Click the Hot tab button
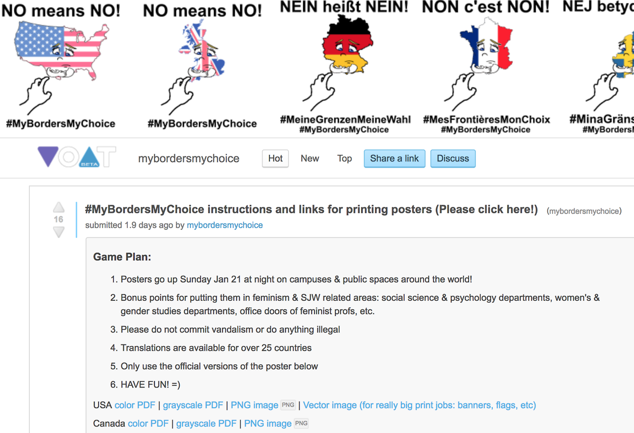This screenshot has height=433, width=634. click(275, 158)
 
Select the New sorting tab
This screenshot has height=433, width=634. click(310, 158)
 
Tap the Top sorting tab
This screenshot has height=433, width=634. click(344, 158)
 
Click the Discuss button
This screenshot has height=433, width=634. click(453, 158)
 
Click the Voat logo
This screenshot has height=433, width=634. click(77, 157)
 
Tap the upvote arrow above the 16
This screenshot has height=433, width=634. click(58, 207)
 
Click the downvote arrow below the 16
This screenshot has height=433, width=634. click(58, 232)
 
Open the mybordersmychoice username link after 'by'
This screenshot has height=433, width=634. click(225, 225)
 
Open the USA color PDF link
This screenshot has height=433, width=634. click(135, 405)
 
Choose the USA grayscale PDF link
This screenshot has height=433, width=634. click(193, 405)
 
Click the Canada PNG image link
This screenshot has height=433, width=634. click(268, 424)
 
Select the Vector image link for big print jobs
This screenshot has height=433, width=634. click(420, 405)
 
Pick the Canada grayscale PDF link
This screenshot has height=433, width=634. click(207, 424)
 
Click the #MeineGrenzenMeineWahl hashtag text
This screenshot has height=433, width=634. click(345, 120)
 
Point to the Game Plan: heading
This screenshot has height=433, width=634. click(122, 257)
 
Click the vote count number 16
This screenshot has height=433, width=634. click(58, 220)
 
